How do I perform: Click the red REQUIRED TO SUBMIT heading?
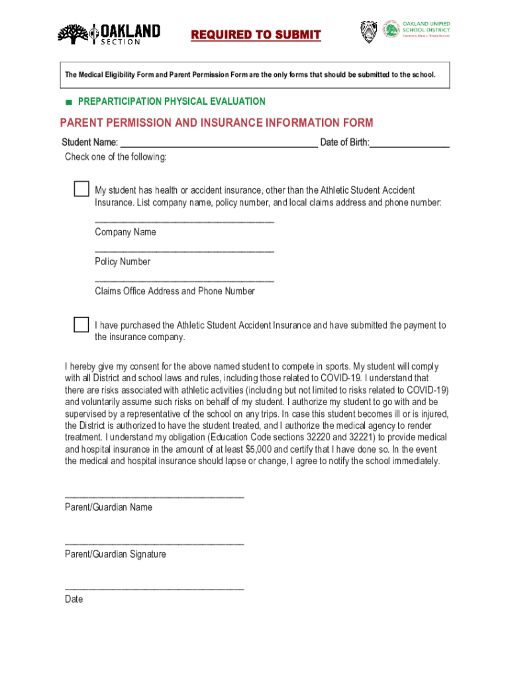pos(256,35)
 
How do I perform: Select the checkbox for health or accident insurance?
pos(81,189)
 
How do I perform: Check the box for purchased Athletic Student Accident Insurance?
pos(81,325)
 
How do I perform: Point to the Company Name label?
pos(125,232)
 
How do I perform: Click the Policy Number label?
pos(123,262)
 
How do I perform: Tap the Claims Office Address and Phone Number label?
pos(174,291)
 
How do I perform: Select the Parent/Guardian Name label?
pos(108,507)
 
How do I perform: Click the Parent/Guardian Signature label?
pos(115,554)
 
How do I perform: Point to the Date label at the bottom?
pos(74,599)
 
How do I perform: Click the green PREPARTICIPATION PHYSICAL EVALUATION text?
pos(172,101)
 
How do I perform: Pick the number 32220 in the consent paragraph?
pos(323,438)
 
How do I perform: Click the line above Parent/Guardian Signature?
pos(154,544)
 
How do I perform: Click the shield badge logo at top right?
pos(368,32)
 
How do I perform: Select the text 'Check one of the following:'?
pos(115,157)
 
